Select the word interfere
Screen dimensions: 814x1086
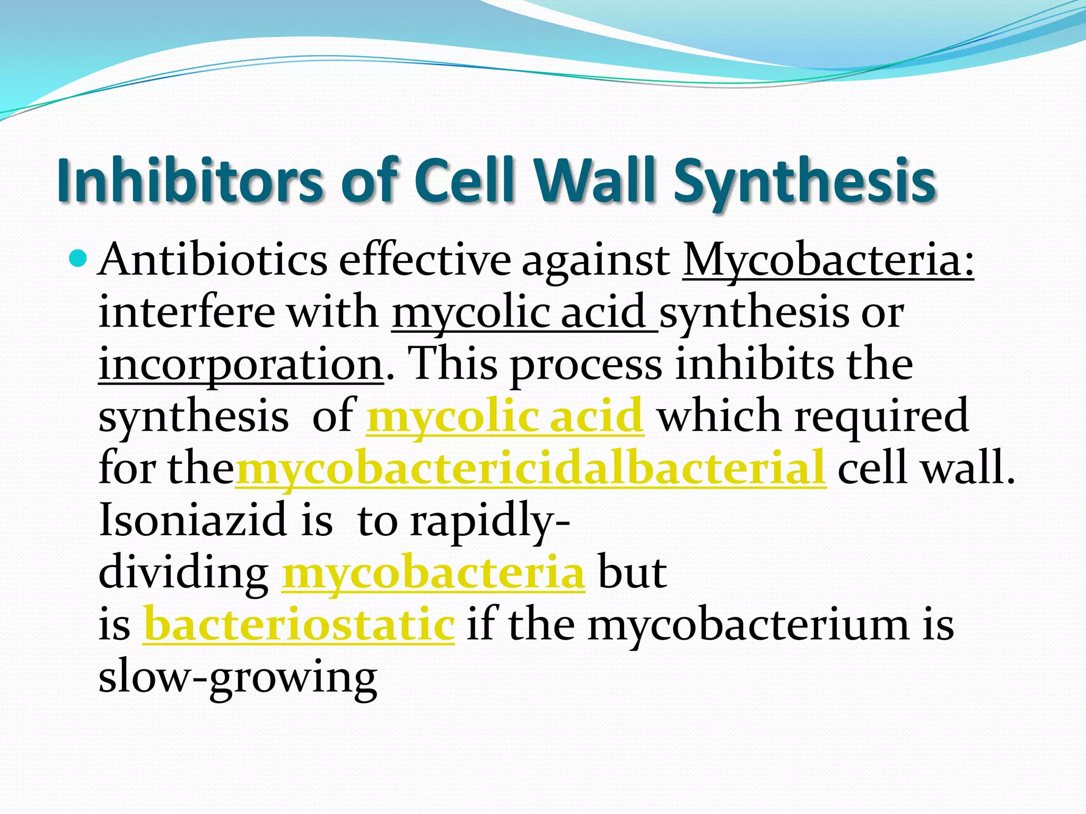[186, 312]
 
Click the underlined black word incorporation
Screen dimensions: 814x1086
[241, 364]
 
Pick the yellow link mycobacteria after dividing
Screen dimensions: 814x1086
[433, 573]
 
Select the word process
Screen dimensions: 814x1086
[586, 365]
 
